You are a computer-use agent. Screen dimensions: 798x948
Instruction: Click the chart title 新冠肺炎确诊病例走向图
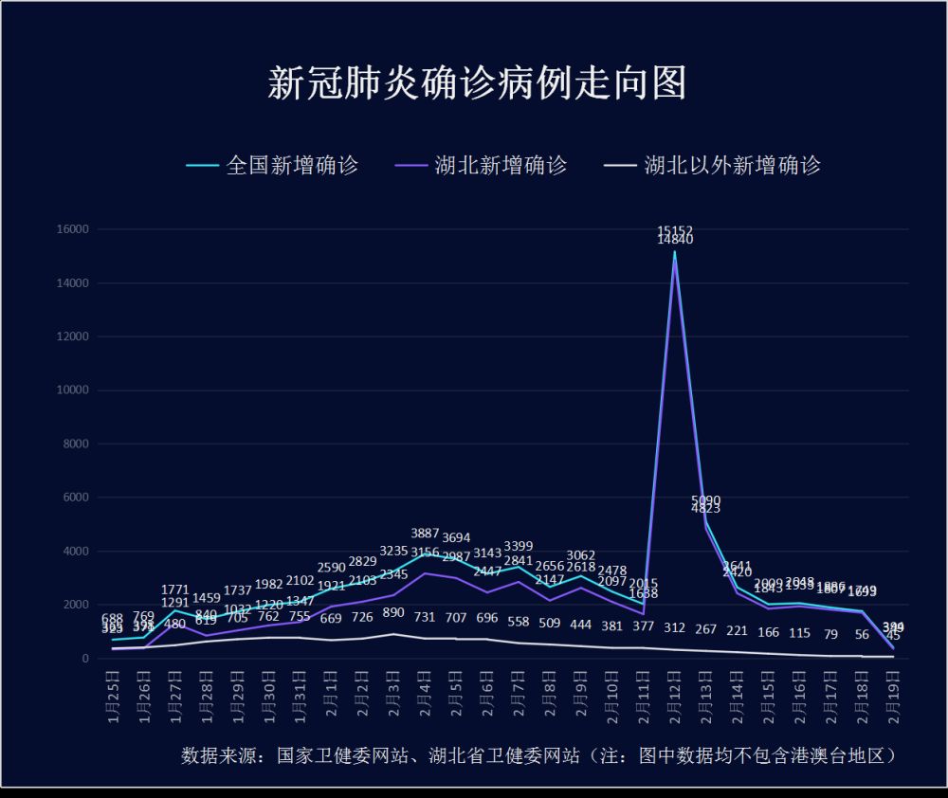pos(477,83)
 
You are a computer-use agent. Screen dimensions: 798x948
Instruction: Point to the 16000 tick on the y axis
pos(73,229)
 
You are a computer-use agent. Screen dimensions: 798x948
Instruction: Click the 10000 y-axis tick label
pos(73,390)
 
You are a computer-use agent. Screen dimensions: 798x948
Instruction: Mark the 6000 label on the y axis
pos(76,498)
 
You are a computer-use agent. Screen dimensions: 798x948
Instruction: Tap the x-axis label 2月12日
pos(675,696)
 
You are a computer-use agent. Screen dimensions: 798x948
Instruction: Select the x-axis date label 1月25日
pos(113,696)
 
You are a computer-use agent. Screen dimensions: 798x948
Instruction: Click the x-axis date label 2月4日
pos(426,696)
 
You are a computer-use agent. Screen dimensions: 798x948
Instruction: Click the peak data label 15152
pos(675,230)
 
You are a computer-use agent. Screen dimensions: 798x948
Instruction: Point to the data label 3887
pos(426,534)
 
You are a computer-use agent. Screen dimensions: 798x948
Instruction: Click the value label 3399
pos(520,546)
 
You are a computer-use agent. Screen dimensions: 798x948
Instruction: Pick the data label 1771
pos(175,589)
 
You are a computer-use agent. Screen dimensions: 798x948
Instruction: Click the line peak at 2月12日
pos(675,252)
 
